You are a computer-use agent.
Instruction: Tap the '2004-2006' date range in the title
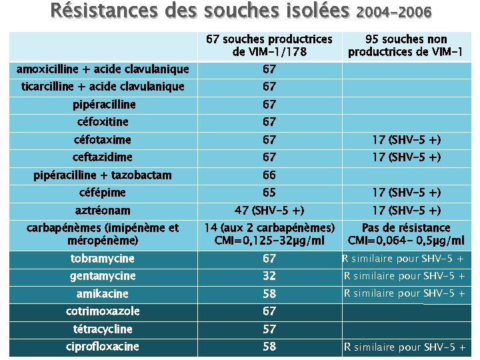pyautogui.click(x=395, y=12)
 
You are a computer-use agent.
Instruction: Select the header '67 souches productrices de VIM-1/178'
pyautogui.click(x=269, y=45)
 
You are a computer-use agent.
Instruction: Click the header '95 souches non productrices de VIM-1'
pyautogui.click(x=407, y=45)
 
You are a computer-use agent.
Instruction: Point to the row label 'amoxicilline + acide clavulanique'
pyautogui.click(x=103, y=69)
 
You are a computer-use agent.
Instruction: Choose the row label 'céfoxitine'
pyautogui.click(x=103, y=122)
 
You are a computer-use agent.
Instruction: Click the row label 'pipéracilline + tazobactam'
pyautogui.click(x=103, y=175)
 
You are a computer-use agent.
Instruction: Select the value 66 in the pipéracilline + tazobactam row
pyautogui.click(x=269, y=175)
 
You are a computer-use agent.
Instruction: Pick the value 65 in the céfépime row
pyautogui.click(x=269, y=193)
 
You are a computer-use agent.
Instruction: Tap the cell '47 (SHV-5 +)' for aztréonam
pyautogui.click(x=269, y=211)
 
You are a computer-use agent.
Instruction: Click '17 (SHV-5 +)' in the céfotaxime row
pyautogui.click(x=407, y=140)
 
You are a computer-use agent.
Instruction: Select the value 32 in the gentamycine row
pyautogui.click(x=269, y=276)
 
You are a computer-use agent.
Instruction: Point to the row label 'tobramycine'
pyautogui.click(x=103, y=259)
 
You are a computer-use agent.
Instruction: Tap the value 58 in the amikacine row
pyautogui.click(x=269, y=294)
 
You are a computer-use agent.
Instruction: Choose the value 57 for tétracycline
pyautogui.click(x=269, y=329)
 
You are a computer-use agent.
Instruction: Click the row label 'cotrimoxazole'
pyautogui.click(x=103, y=311)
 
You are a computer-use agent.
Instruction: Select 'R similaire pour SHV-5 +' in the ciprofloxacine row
pyautogui.click(x=405, y=347)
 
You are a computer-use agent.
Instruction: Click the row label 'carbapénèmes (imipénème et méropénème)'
pyautogui.click(x=103, y=234)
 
